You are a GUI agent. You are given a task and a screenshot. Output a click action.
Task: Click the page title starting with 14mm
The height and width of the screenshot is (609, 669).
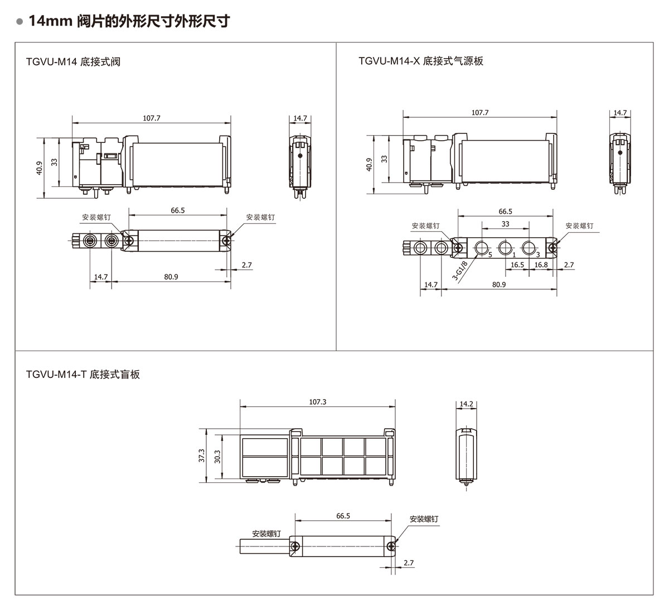(129, 22)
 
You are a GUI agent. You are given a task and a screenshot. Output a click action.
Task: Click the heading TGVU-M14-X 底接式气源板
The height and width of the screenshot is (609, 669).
(421, 61)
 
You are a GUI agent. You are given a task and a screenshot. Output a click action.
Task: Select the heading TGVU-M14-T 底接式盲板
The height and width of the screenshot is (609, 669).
(83, 374)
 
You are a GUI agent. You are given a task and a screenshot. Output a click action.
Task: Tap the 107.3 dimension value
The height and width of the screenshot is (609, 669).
(317, 402)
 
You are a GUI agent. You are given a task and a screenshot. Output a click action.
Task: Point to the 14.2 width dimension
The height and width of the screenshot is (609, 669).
(467, 404)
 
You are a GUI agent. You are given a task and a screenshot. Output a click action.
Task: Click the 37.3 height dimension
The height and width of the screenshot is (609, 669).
(202, 456)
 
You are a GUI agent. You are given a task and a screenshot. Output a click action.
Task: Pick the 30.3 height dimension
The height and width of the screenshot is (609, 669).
(217, 456)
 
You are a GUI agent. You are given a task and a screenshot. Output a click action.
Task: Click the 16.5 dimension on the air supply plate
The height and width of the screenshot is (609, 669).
(517, 265)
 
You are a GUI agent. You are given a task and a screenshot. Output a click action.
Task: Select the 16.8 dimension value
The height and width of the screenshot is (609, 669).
(541, 265)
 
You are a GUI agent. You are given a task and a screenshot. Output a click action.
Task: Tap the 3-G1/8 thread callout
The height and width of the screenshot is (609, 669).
(460, 269)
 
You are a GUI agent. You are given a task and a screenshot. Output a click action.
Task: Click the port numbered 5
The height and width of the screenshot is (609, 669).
(489, 255)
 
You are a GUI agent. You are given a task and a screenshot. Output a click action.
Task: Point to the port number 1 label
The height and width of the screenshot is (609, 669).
(513, 255)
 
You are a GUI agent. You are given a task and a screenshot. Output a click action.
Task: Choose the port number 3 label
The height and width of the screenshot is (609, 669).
(537, 255)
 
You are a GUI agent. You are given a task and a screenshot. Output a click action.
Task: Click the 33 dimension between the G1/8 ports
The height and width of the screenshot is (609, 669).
(505, 224)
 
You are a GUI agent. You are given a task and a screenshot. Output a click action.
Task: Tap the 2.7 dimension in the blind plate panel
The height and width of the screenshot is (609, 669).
(409, 563)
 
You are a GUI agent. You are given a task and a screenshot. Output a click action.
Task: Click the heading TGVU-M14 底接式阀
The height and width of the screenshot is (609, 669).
(73, 61)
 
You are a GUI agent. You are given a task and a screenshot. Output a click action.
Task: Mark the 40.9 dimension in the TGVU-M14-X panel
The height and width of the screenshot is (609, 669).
(369, 165)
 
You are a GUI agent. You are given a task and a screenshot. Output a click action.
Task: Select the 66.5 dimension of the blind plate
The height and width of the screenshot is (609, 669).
(343, 516)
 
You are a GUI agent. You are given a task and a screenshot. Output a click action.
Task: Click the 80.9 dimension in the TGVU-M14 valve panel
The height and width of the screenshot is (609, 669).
(171, 276)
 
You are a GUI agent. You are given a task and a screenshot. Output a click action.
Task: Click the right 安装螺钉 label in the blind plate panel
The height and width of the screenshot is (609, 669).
(424, 519)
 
